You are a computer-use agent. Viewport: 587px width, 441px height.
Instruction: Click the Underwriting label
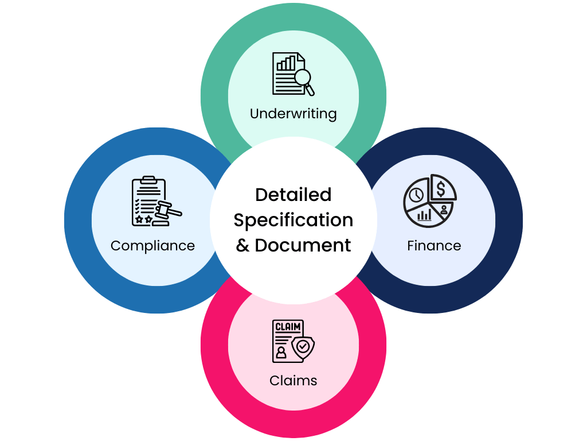pos(293,114)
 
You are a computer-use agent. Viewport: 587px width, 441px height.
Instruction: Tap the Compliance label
pos(152,246)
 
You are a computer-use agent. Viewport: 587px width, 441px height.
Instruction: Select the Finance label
pos(434,246)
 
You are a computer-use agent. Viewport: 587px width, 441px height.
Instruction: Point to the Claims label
pos(293,380)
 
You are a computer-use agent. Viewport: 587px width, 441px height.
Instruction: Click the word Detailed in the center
pos(293,195)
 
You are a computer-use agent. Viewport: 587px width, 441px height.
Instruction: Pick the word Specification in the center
pos(293,220)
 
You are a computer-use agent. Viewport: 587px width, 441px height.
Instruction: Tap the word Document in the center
pos(303,245)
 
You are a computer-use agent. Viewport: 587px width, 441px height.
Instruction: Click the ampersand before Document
pos(243,246)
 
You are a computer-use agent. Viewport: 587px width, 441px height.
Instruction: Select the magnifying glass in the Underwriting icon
pos(303,79)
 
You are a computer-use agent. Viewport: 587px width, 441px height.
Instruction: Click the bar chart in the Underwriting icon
pos(287,62)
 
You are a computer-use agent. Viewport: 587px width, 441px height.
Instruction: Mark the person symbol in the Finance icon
pos(444,210)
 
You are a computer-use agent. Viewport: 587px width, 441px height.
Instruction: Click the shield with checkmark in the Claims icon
pos(303,347)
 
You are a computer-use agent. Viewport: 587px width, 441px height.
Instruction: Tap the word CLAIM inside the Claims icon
pos(287,327)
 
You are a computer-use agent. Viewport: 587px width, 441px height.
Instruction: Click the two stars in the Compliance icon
pos(143,219)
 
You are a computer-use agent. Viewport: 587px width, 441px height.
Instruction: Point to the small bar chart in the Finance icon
pos(425,215)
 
